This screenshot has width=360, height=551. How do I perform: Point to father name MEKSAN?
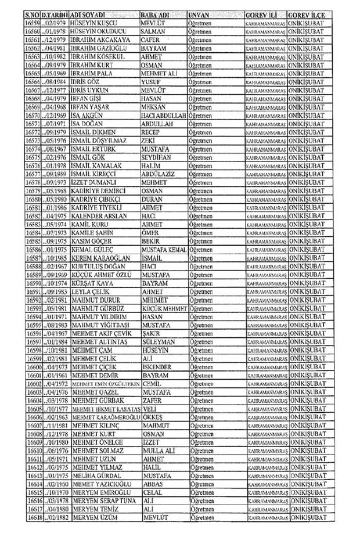tap(153, 107)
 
